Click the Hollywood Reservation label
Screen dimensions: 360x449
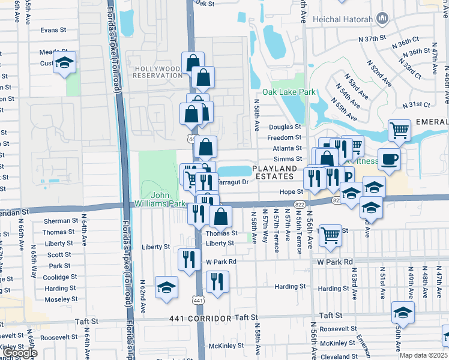pos(157,72)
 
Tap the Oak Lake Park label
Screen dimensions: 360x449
pos(293,92)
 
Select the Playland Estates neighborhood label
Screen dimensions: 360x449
pos(274,173)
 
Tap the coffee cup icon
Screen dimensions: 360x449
pos(389,159)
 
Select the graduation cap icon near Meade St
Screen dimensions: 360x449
pos(64,62)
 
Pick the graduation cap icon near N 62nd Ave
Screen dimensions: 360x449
pos(166,287)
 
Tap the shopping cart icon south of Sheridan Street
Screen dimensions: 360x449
pos(330,235)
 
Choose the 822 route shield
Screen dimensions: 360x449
pos(299,205)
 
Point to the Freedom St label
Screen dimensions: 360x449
pos(285,137)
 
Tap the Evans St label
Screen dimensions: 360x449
pos(53,30)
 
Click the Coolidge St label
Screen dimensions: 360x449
pos(59,277)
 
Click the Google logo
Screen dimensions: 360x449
pos(21,353)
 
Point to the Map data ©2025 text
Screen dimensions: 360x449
pos(423,355)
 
